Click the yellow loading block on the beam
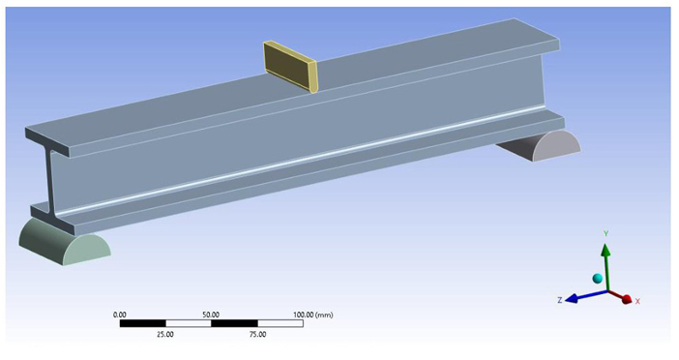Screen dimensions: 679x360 point(290,66)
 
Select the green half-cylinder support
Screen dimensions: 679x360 point(64,242)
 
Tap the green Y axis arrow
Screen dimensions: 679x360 point(606,266)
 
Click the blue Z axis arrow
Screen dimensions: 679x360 point(586,295)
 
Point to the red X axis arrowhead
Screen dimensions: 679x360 point(626,299)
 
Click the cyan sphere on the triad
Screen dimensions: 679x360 point(597,278)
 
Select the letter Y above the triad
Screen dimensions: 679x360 point(606,234)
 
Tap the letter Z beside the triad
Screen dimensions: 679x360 point(559,300)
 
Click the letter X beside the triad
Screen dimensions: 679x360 point(637,301)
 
